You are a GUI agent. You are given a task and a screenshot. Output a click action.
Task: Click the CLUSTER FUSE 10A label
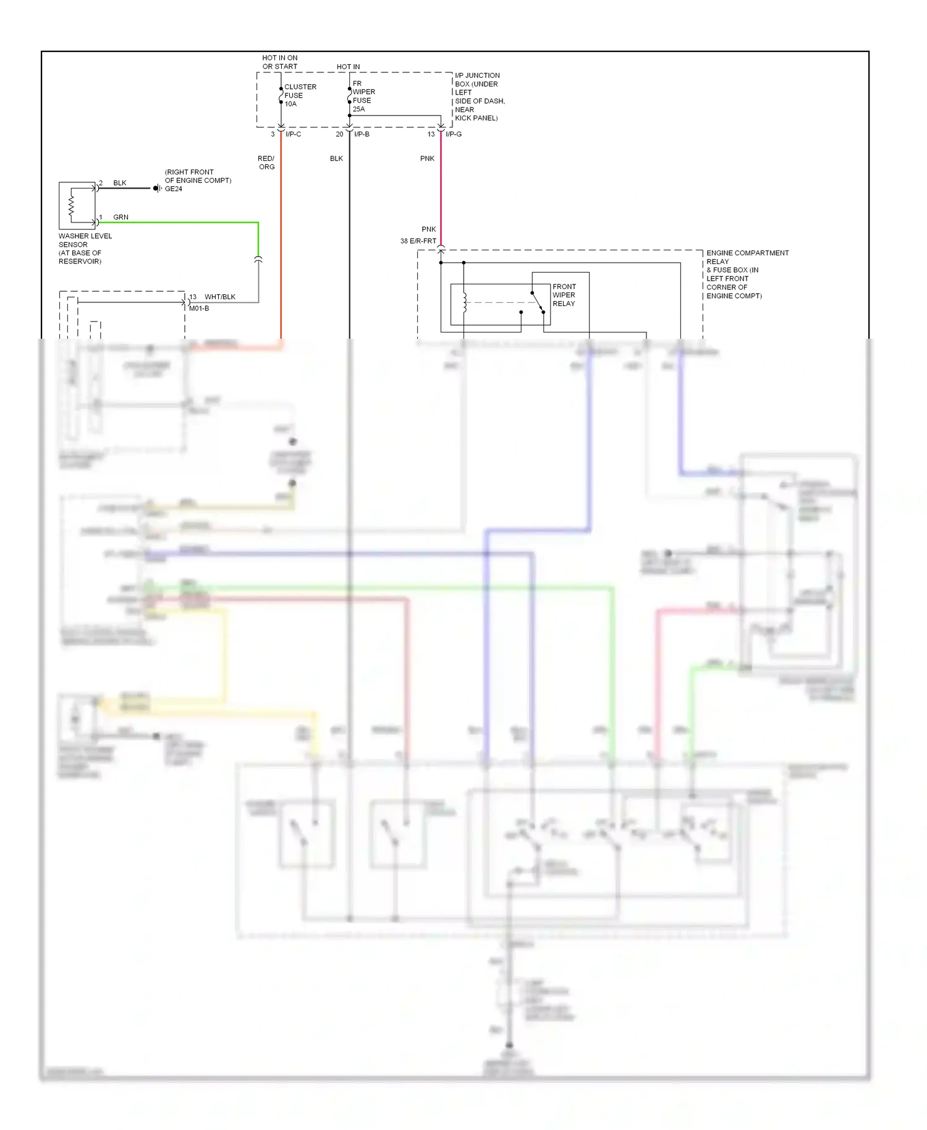click(x=300, y=95)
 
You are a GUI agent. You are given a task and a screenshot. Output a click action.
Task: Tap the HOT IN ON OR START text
click(x=279, y=62)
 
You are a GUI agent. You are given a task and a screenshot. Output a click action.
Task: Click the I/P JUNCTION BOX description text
click(x=479, y=96)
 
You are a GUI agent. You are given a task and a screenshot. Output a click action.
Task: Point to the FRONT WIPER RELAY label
click(x=564, y=295)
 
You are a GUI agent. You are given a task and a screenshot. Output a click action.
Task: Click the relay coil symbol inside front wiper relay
click(x=464, y=303)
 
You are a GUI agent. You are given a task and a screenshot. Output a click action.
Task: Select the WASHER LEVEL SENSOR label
click(x=85, y=249)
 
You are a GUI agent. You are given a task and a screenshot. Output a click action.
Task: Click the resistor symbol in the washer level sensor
click(x=72, y=206)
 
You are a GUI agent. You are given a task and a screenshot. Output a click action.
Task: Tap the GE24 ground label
click(x=173, y=189)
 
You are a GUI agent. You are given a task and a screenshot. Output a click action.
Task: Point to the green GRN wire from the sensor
click(x=185, y=222)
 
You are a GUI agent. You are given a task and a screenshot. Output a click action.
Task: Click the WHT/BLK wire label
click(x=219, y=297)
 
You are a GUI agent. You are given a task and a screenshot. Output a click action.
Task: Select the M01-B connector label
click(x=198, y=308)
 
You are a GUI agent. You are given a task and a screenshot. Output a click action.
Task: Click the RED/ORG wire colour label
click(x=266, y=163)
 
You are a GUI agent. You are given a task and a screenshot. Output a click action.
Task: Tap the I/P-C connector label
click(x=293, y=134)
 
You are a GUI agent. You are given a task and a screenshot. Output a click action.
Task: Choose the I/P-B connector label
click(x=362, y=134)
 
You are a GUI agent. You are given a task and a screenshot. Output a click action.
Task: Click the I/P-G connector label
click(x=453, y=134)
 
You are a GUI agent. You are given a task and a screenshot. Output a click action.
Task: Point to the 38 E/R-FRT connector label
click(x=418, y=241)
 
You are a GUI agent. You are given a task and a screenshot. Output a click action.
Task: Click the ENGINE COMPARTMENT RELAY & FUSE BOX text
click(x=747, y=274)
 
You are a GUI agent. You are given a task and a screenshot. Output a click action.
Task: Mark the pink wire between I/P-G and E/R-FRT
click(x=441, y=192)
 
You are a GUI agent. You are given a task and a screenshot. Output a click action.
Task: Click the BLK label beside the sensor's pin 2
click(x=120, y=183)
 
